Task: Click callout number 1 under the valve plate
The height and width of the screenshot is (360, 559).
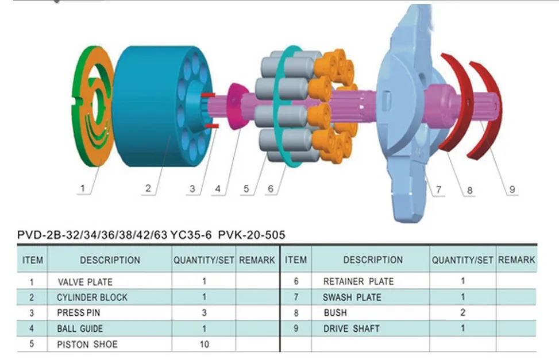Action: (83, 188)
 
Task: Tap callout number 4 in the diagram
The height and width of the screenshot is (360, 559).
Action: (218, 188)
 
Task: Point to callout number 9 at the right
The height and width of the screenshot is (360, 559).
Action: (512, 189)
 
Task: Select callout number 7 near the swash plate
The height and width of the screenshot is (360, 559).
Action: (438, 189)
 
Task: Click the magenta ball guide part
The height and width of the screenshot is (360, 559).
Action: (236, 106)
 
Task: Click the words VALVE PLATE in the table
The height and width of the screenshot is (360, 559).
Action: (85, 282)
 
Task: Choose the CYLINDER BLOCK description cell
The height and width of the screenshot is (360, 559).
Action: (91, 297)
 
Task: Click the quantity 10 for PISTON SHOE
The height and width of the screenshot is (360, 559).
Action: (205, 344)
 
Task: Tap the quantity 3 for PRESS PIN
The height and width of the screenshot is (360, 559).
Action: (205, 312)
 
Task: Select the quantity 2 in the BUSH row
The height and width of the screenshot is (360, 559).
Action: (462, 312)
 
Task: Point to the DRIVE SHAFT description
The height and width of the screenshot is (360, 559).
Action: (351, 328)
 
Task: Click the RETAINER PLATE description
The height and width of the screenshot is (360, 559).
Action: (358, 281)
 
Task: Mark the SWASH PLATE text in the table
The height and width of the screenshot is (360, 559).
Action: (352, 297)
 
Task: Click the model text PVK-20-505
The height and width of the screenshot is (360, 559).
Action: (252, 235)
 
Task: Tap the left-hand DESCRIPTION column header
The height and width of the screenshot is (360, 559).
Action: (110, 260)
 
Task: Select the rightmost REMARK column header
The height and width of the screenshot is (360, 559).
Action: (516, 260)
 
